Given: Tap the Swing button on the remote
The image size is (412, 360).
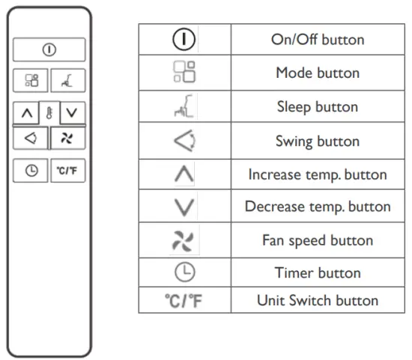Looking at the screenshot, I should tap(31, 138).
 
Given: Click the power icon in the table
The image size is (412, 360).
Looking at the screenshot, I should tap(184, 39).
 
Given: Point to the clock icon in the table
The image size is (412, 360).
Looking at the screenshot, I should tap(184, 272).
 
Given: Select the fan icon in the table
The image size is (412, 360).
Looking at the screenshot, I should tap(184, 240).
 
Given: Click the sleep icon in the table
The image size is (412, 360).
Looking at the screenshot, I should tap(184, 107).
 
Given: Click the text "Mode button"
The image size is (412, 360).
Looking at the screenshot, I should tap(318, 73).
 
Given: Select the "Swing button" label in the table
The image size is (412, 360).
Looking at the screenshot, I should tap(318, 141).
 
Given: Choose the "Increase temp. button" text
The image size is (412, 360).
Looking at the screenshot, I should tap(318, 174).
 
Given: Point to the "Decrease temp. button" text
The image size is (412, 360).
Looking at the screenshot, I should tap(318, 207).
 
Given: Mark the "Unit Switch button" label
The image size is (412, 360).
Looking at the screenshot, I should tap(318, 301).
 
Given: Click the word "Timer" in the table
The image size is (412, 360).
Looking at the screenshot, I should tap(297, 272).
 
